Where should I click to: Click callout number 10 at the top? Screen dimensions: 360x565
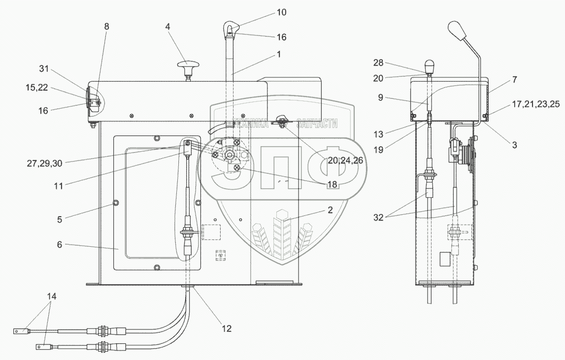point(281,12)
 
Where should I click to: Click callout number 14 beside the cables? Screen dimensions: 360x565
point(51,297)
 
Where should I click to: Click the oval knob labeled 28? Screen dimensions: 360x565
point(430,65)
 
